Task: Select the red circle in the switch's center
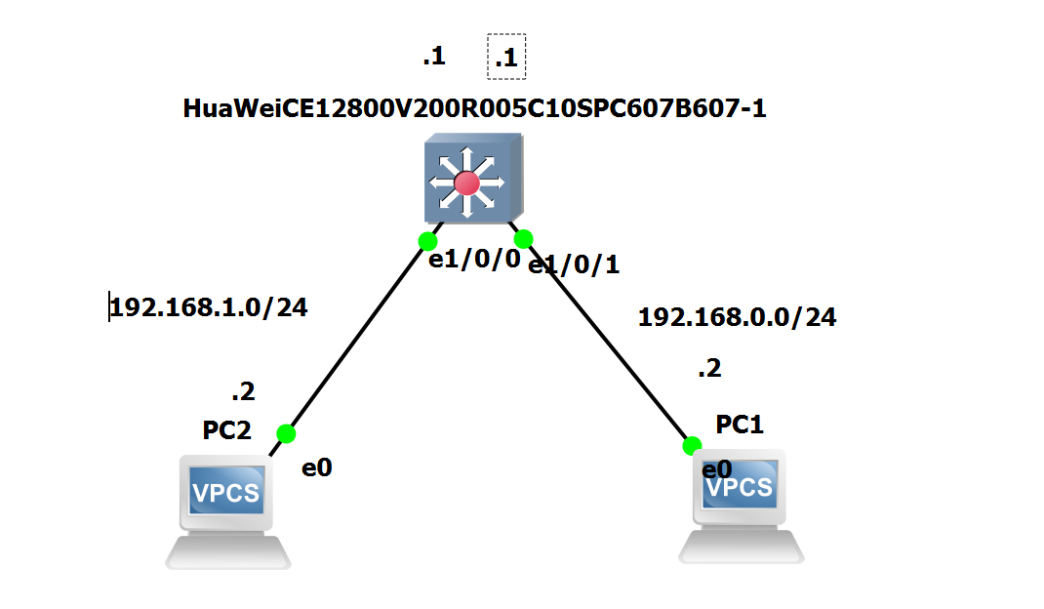tap(466, 183)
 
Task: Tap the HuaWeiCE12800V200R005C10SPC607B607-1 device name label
tap(474, 108)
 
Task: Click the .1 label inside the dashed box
tap(506, 59)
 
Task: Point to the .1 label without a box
tap(433, 57)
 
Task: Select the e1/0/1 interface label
tap(574, 264)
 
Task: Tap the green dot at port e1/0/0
tap(427, 241)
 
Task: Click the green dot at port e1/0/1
tap(523, 238)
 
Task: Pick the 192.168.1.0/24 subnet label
tap(209, 307)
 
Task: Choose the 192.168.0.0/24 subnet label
tap(737, 317)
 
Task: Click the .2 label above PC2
tap(242, 392)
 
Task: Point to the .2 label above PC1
tap(709, 369)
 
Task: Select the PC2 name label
tap(227, 430)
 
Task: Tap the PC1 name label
tap(740, 425)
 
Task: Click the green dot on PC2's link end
tap(286, 433)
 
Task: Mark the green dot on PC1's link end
tap(692, 446)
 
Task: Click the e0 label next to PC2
tap(317, 467)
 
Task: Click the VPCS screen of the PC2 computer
tap(226, 492)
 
